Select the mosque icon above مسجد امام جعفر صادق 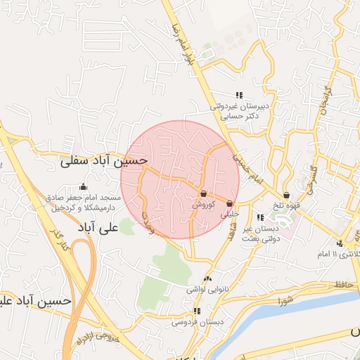[84, 187]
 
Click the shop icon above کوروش [204, 193]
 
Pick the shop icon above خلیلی [230, 203]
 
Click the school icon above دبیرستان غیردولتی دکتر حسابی [239, 95]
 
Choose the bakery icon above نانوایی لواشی [207, 278]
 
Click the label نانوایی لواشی [205, 289]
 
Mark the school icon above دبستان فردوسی [197, 311]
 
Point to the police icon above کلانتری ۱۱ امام [340, 243]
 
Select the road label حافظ [343, 284]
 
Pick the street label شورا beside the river [284, 302]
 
